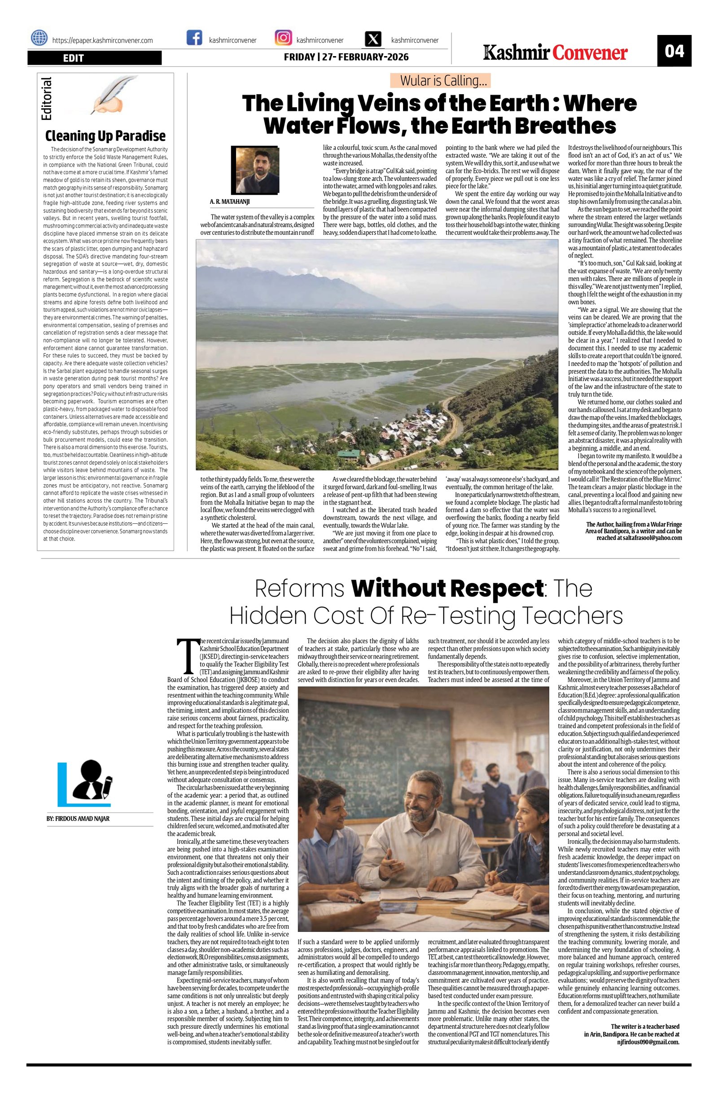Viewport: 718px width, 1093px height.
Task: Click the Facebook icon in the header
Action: [194, 38]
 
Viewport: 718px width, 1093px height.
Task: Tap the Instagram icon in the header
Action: [283, 38]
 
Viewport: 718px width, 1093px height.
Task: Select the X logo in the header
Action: [374, 40]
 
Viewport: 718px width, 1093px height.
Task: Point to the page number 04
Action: [674, 51]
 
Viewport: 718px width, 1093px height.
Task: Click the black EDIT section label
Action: [95, 58]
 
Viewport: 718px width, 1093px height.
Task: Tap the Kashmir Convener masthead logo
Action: [555, 53]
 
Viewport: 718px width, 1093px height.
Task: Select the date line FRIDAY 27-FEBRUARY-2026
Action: [346, 57]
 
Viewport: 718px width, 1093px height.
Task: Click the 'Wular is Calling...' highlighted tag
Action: [440, 81]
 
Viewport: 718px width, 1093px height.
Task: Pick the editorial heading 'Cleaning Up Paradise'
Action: [105, 136]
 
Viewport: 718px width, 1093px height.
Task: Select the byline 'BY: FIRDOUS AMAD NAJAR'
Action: [78, 818]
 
